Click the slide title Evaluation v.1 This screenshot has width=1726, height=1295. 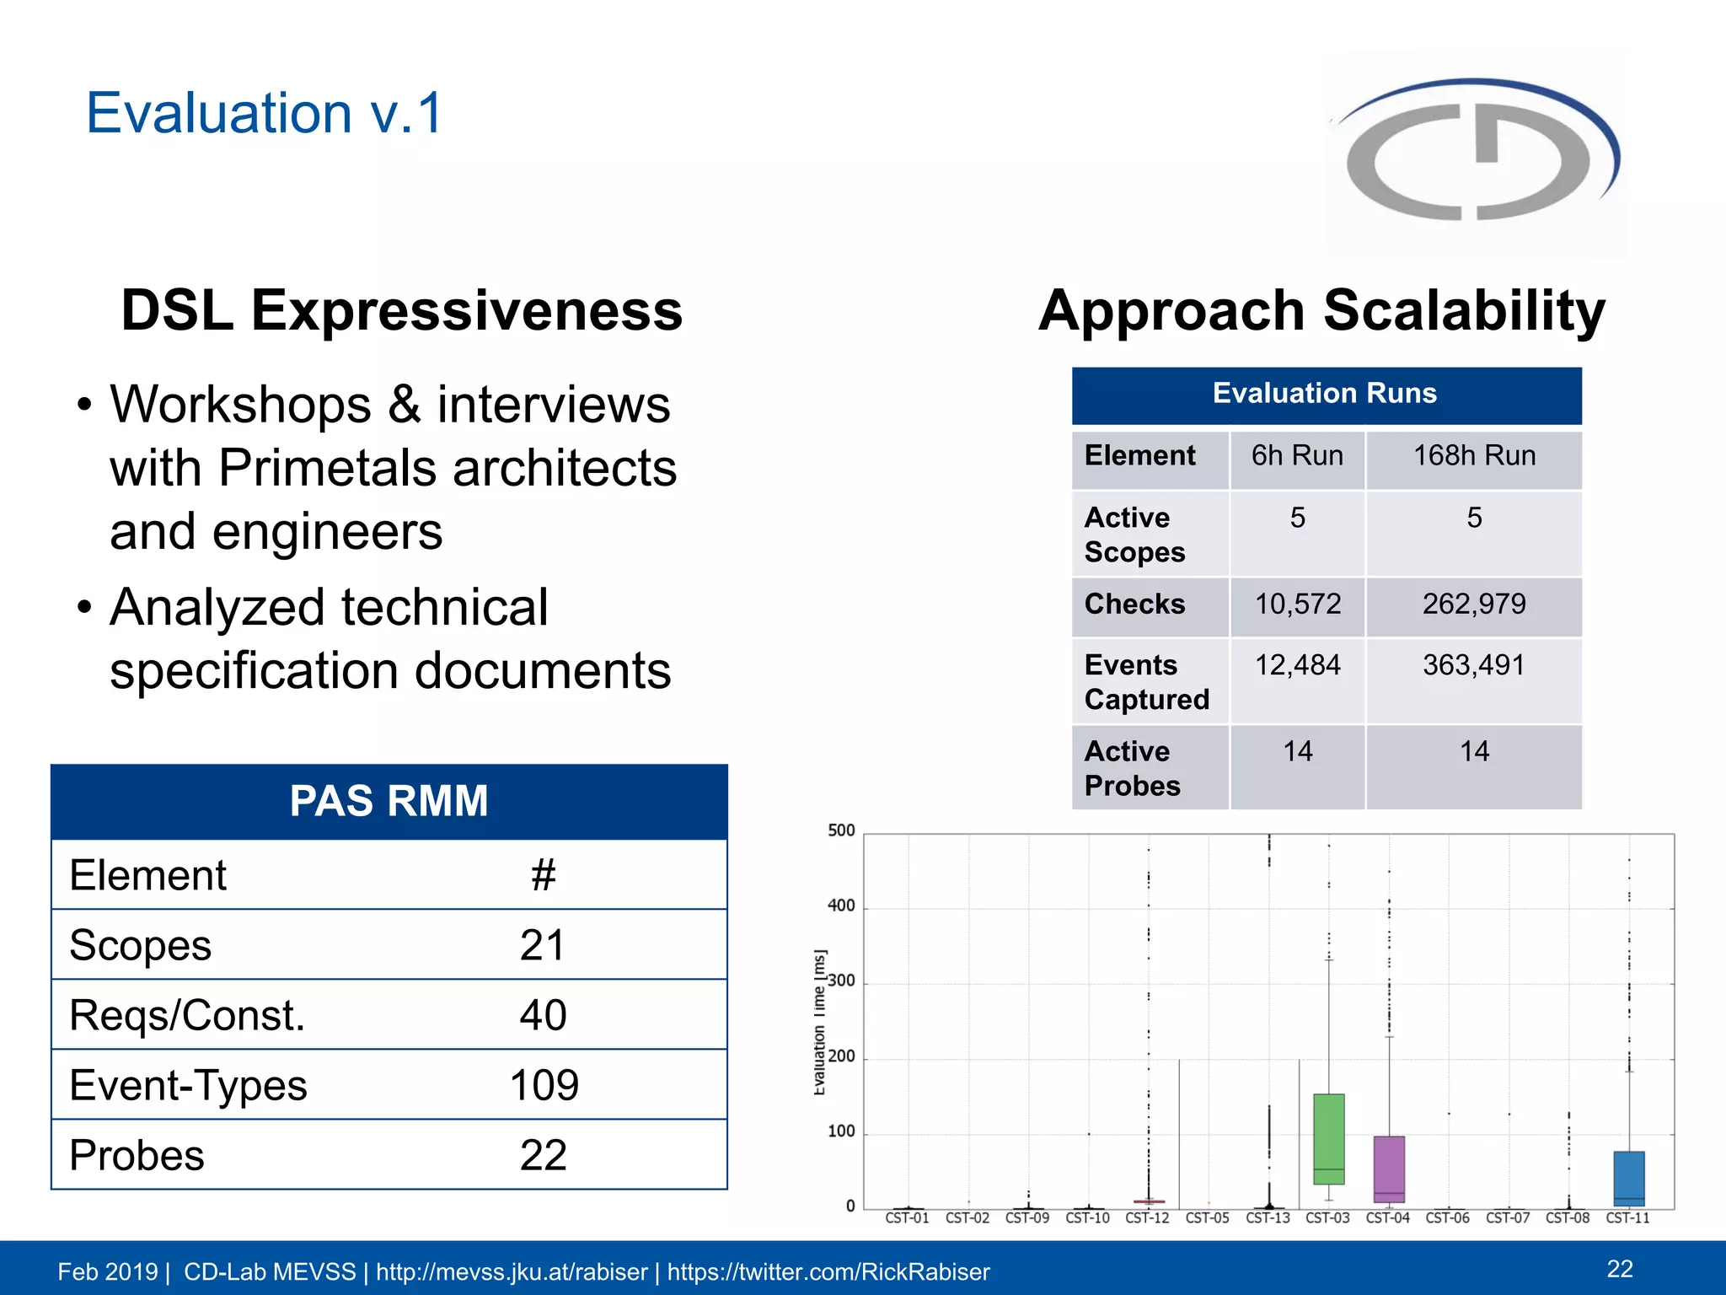[264, 113]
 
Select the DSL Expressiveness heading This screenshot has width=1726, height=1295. [401, 310]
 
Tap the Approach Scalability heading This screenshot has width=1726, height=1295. [1321, 310]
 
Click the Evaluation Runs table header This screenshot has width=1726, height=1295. [1325, 394]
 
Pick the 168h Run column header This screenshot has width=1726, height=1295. [1473, 456]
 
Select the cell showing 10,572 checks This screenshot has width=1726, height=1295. [1297, 605]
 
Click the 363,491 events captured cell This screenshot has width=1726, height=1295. [1473, 666]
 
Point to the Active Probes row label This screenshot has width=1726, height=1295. [1133, 768]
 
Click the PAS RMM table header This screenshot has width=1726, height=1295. [389, 801]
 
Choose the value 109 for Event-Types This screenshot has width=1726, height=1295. [544, 1085]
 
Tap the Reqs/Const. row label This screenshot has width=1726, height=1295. [187, 1015]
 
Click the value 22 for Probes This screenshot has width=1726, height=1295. [544, 1155]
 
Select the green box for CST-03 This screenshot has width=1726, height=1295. [1328, 1138]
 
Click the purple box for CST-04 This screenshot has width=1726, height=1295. [1389, 1169]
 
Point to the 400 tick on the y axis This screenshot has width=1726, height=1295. [841, 906]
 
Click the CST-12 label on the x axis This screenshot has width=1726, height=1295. [1147, 1218]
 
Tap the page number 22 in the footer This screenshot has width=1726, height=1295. [1620, 1269]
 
